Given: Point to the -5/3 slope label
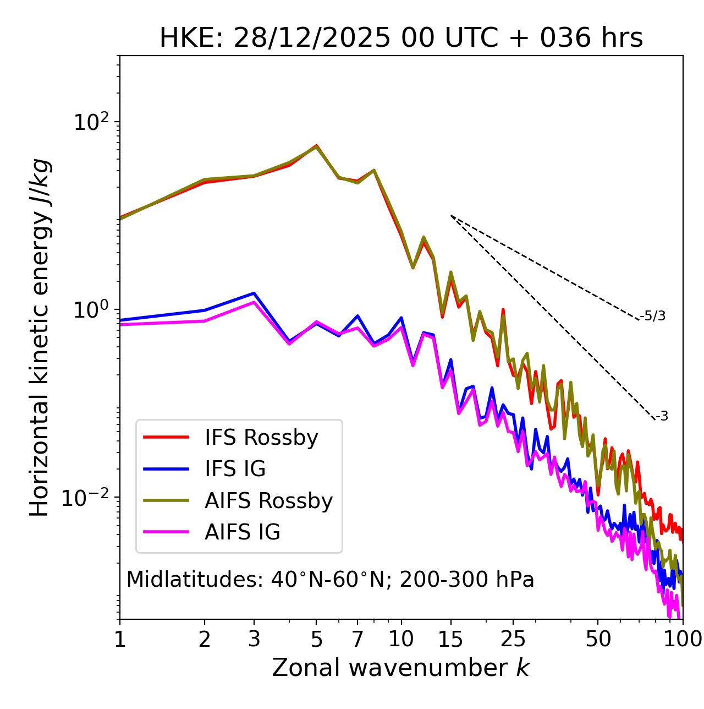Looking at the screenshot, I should coord(653,316).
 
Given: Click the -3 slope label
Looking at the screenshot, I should coord(662,416).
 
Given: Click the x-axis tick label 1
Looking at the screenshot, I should coord(120,640).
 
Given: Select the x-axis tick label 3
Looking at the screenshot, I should coord(254,640).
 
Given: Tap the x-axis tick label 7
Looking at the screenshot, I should coord(358,640).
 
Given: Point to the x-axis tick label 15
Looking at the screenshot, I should coord(450,640).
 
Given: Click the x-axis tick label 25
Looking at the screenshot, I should coord(513,640).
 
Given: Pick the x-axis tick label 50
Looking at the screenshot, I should coord(598,640).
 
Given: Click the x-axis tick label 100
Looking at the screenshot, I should coord(682,640).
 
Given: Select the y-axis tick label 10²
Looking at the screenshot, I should coord(90,122).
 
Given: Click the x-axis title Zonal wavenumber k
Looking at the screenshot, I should coord(400,668).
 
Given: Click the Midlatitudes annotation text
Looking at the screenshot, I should coord(330,580).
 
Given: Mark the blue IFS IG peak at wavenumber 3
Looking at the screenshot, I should coord(254,293).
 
